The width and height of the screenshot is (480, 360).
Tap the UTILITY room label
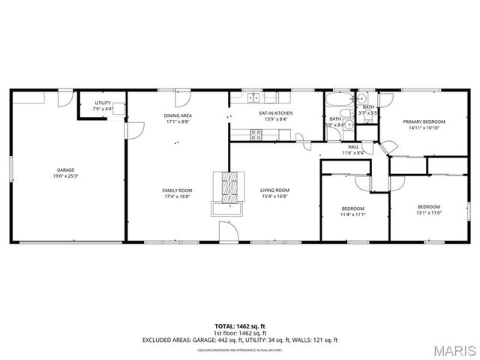coord(103,103)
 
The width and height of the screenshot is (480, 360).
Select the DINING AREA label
coord(178,115)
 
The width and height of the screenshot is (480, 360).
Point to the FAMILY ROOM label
coord(178,190)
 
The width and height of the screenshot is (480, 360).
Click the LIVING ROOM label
coord(274,190)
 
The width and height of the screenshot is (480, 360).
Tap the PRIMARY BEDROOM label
coord(424,121)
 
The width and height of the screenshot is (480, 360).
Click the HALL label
coord(352,147)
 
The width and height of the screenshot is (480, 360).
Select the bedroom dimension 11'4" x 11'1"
coord(352,214)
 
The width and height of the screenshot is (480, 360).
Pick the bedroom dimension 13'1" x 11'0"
coord(428,212)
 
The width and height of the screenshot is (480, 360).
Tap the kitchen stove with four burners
coord(256,135)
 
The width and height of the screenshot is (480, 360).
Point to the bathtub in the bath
coord(337,98)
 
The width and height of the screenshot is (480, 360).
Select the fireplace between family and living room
coord(229,187)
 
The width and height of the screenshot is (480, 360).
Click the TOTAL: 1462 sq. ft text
coord(240,326)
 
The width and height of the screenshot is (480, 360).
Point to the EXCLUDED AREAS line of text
coord(240,340)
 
